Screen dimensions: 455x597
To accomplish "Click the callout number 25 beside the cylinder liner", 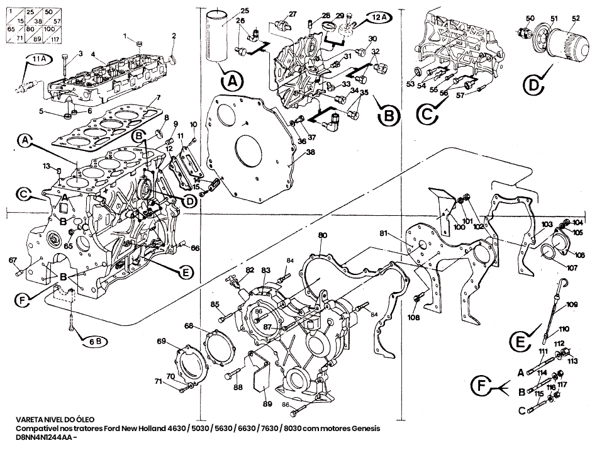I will coord(245,11).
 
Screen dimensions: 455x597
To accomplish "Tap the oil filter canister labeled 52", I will coord(567,46).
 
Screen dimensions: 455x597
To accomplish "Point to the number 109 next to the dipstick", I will coord(571,305).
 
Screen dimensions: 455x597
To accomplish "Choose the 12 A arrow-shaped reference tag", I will coord(376,16).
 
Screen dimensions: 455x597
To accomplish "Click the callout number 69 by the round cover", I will coord(162,342).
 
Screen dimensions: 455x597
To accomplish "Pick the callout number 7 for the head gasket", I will coord(159,98).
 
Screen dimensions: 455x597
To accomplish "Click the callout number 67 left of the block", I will coord(13,260).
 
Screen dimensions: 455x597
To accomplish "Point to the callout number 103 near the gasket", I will coord(546,225).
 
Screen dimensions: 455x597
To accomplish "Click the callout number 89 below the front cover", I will coord(267,403).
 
